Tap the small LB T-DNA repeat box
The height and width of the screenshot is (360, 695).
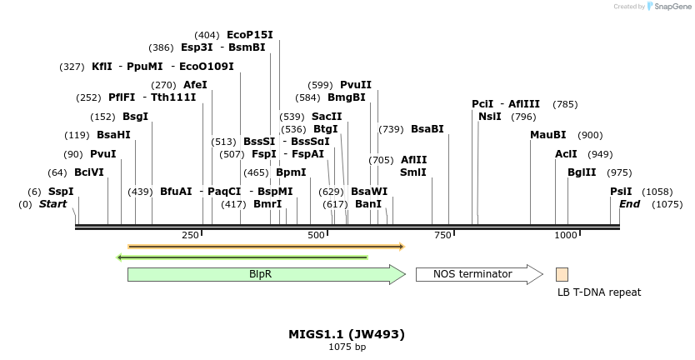(562, 274)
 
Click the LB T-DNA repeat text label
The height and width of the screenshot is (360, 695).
(599, 292)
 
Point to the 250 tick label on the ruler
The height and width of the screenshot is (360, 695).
(190, 235)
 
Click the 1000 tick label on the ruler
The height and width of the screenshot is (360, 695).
(566, 235)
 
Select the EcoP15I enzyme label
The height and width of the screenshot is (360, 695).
(250, 35)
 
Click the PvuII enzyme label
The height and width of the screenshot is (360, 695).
(356, 85)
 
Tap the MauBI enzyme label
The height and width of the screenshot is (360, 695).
(548, 135)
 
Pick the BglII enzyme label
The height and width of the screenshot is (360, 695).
(582, 172)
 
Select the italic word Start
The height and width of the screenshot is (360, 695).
(52, 204)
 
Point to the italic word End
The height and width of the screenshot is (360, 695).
(629, 204)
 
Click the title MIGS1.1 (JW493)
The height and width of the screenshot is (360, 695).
(347, 334)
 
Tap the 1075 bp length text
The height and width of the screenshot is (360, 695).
(347, 347)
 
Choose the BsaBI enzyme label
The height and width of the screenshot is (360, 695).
(427, 129)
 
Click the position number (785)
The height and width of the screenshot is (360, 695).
(565, 104)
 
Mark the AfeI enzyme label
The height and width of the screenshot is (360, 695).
(195, 85)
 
